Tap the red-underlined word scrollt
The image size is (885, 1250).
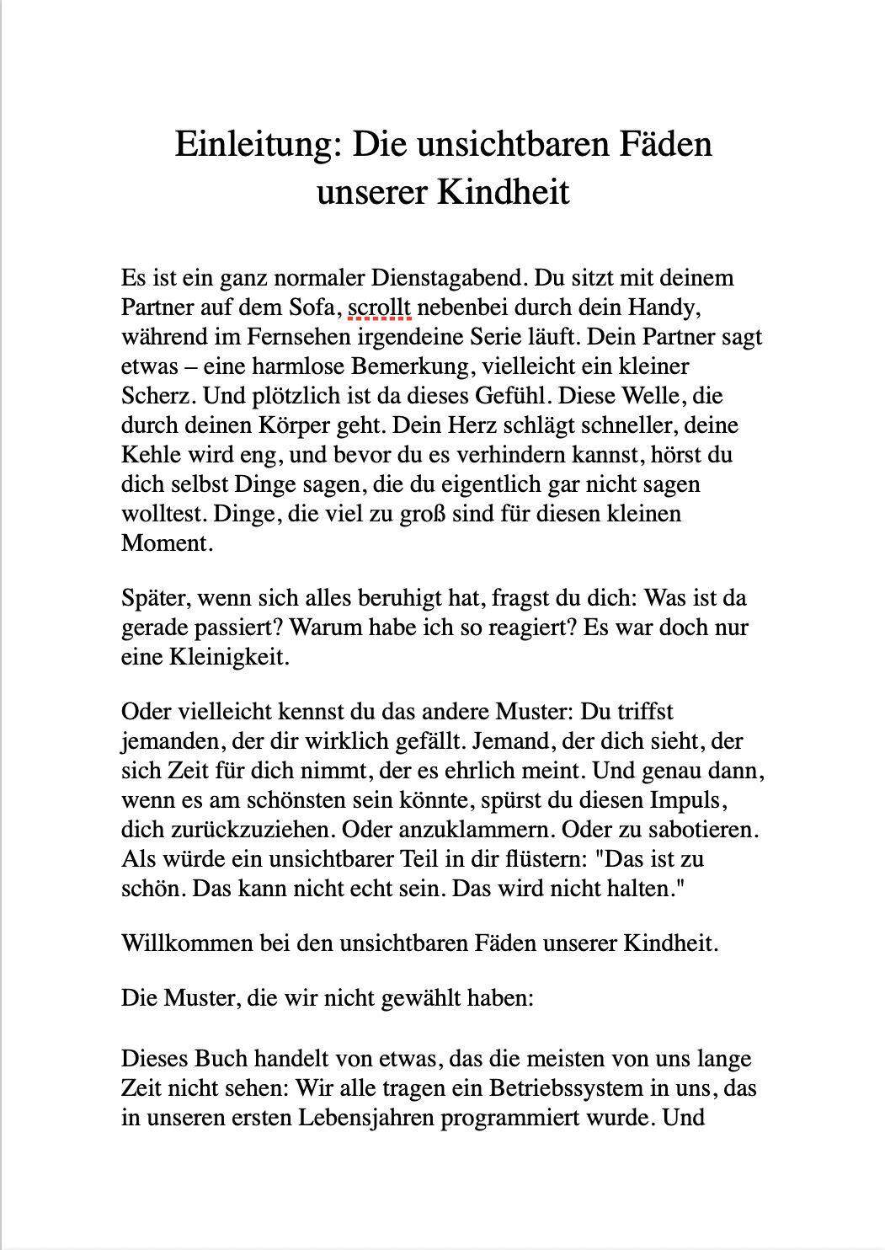[379, 307]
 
